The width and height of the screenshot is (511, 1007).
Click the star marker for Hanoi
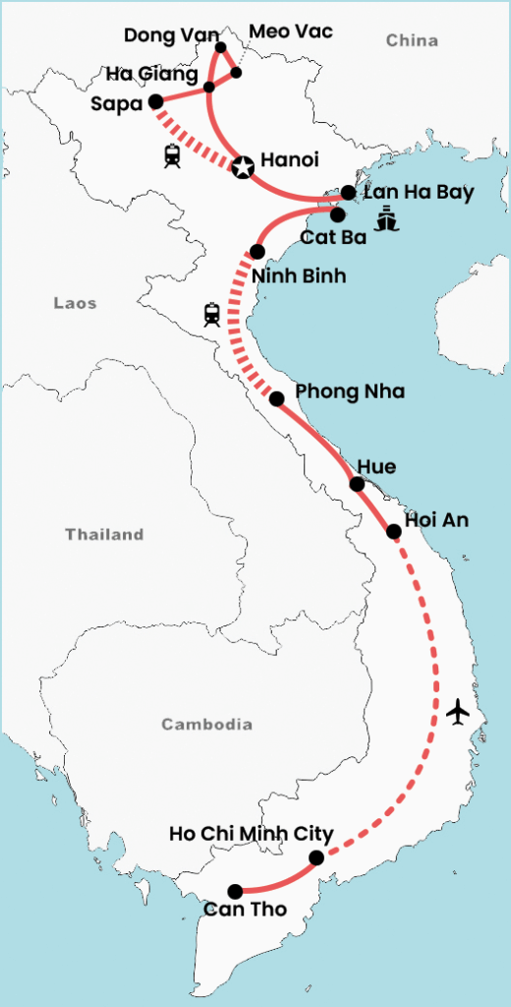tap(243, 168)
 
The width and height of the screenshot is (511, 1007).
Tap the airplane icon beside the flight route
tap(457, 711)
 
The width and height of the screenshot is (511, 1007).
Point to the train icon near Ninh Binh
tap(212, 315)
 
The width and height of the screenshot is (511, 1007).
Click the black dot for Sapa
tap(155, 101)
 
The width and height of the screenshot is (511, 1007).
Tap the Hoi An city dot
tap(394, 532)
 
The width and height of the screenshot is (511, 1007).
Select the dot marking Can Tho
tap(236, 891)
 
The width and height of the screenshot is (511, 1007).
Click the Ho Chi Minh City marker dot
tap(316, 859)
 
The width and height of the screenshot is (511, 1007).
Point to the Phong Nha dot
tap(277, 398)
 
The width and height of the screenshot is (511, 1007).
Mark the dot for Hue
tap(358, 484)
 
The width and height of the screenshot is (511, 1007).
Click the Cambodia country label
tap(206, 725)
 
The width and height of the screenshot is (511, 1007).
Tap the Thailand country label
tap(104, 535)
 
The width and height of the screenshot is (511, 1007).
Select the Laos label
tap(75, 304)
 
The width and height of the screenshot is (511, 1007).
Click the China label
tap(411, 40)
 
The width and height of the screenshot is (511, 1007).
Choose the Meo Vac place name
tap(291, 32)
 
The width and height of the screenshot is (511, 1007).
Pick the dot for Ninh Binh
tap(257, 251)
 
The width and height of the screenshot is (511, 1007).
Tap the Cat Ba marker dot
tap(337, 213)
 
